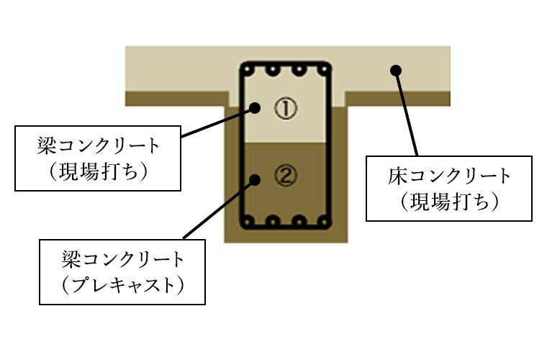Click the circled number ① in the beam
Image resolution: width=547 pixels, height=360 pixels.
(x=286, y=108)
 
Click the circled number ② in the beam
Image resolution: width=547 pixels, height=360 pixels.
(x=286, y=175)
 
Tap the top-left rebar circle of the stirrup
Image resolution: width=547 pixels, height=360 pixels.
(x=248, y=69)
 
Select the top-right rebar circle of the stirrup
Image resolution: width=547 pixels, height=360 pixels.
(x=324, y=69)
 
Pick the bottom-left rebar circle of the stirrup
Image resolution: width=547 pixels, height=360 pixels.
(x=248, y=221)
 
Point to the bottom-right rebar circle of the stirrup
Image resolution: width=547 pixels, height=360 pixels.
(x=324, y=221)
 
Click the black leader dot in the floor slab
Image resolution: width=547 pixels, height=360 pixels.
(x=396, y=71)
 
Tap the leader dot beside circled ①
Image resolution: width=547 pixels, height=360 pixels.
(x=255, y=108)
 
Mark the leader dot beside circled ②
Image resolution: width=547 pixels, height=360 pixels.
(x=255, y=180)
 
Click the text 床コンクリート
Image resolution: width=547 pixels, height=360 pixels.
(x=449, y=176)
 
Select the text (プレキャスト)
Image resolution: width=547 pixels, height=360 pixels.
(x=122, y=286)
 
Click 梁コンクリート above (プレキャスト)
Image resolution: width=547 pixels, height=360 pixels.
(x=122, y=259)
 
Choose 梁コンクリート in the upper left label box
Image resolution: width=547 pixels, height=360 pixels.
(x=98, y=146)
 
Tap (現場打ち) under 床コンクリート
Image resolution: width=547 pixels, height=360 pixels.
(x=449, y=202)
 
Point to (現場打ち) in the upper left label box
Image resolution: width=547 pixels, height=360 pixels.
(x=98, y=172)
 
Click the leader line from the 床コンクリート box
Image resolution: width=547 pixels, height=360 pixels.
(x=407, y=113)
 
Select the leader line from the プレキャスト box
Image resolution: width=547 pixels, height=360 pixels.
(x=219, y=210)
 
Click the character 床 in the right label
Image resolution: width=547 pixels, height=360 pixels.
(x=397, y=176)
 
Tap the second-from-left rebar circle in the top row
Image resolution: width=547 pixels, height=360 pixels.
(x=273, y=69)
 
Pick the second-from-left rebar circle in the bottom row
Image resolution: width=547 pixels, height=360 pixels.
(x=273, y=221)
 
